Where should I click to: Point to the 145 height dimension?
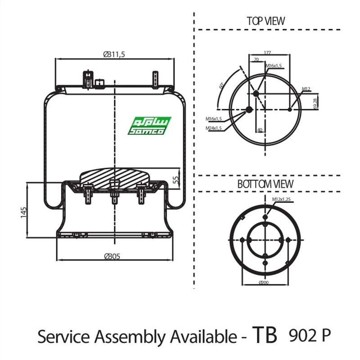pyautogui.click(x=23, y=212)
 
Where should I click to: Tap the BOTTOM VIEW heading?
pyautogui.click(x=265, y=184)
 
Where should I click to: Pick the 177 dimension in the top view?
pyautogui.click(x=267, y=53)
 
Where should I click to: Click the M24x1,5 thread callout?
pyautogui.click(x=214, y=128)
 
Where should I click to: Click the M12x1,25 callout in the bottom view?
pyautogui.click(x=281, y=198)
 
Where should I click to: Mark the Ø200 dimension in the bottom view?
pyautogui.click(x=264, y=283)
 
